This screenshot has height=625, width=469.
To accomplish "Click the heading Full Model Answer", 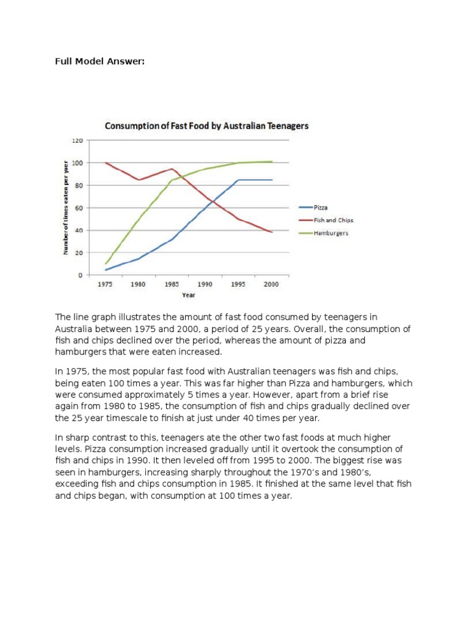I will [100, 62].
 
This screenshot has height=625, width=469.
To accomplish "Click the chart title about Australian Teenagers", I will [207, 126].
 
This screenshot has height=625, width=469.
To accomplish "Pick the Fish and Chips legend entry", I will [333, 220].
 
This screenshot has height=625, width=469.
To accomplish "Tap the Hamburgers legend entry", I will [331, 233].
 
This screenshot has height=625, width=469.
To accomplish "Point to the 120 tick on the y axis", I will [78, 140].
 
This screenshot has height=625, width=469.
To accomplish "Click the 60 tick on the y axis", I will [79, 208].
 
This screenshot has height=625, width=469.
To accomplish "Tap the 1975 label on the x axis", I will [106, 284].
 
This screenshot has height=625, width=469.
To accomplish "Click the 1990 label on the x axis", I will [205, 284].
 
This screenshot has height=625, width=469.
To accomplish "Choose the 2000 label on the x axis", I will [272, 284].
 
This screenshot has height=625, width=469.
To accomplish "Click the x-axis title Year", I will [189, 295].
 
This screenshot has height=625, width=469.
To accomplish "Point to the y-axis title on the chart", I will [66, 208].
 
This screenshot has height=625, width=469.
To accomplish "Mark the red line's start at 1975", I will [106, 163].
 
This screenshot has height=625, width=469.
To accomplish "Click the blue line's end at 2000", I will [272, 180].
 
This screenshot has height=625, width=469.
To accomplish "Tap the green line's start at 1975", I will [106, 264].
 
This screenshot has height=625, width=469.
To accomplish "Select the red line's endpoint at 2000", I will [272, 232].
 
